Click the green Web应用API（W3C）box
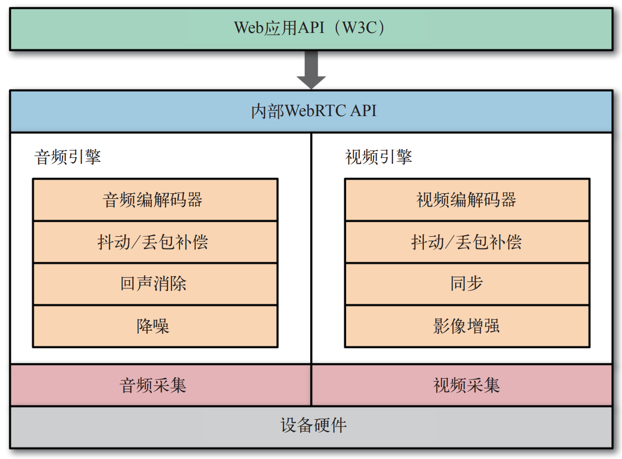click(x=311, y=29)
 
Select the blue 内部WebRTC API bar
click(x=311, y=111)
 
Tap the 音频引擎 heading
click(x=68, y=157)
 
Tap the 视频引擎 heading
click(x=379, y=157)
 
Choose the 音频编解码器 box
click(x=155, y=200)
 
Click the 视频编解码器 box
click(x=467, y=200)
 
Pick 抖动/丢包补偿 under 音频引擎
click(x=155, y=242)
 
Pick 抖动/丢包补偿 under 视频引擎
click(x=467, y=242)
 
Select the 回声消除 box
click(x=155, y=284)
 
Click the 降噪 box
click(x=155, y=326)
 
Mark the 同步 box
click(x=467, y=284)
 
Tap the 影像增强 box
click(x=467, y=326)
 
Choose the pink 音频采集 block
click(x=155, y=385)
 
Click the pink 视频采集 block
click(x=467, y=385)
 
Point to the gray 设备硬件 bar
click(x=311, y=426)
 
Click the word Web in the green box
click(x=246, y=29)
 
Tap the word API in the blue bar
click(x=363, y=112)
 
